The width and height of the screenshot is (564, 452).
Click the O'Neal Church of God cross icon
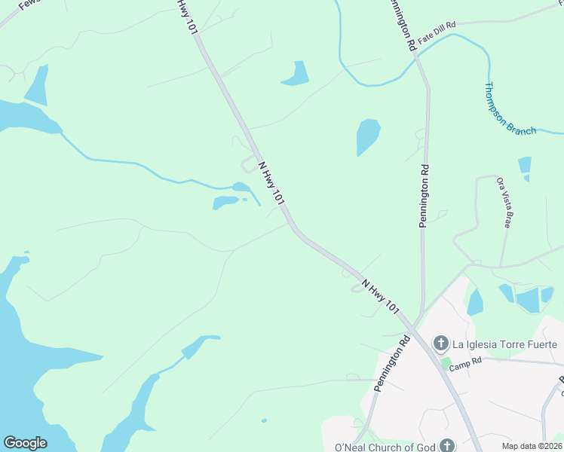tap(447, 446)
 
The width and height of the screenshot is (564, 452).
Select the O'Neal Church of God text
tap(385, 447)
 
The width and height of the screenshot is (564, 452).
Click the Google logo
tap(25, 443)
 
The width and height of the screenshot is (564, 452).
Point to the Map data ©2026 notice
tap(532, 446)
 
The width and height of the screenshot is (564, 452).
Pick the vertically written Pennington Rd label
tap(424, 196)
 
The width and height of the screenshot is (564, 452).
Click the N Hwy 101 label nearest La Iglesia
tap(380, 297)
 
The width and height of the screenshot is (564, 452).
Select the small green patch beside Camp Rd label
tap(446, 363)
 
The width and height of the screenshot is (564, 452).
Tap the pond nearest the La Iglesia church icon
tap(475, 302)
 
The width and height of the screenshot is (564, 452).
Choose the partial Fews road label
tap(27, 5)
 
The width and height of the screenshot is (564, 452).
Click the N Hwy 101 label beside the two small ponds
tap(271, 183)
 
